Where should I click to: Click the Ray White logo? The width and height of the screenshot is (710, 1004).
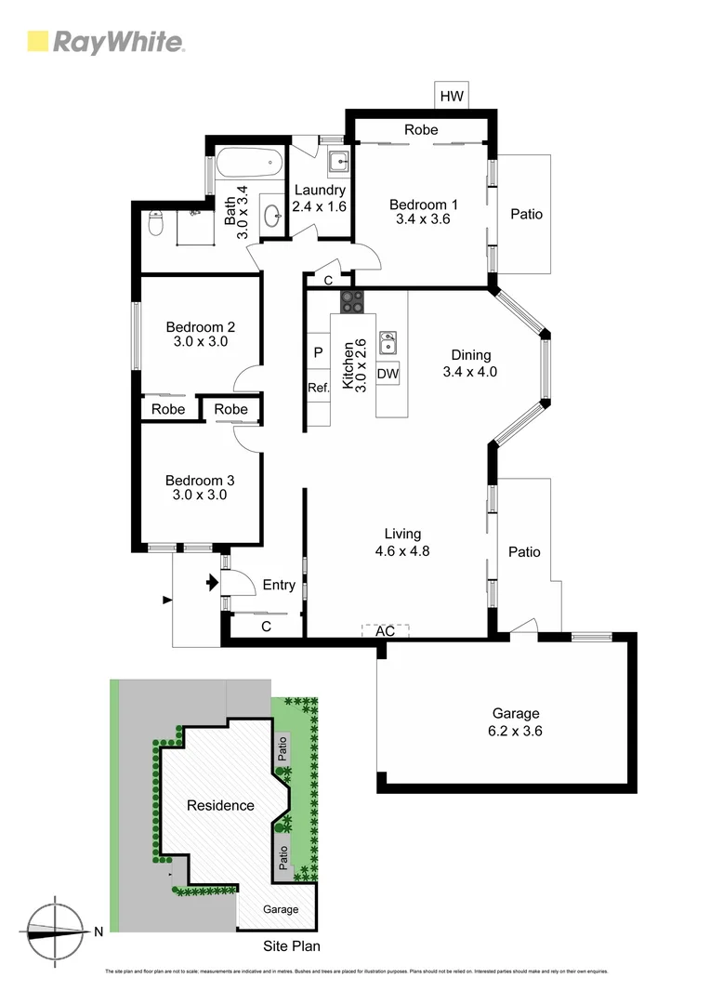[105, 42]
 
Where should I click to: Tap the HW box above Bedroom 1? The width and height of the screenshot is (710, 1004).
[452, 96]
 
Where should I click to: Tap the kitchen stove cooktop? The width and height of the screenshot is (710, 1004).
[352, 301]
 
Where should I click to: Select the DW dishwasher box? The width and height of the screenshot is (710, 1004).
[388, 374]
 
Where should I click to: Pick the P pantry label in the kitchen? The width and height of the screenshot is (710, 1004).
[318, 352]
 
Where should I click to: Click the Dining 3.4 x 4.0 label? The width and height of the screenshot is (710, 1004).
[470, 363]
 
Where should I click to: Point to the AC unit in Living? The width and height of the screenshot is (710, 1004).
[385, 630]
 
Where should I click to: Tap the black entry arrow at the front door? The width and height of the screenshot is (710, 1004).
[212, 583]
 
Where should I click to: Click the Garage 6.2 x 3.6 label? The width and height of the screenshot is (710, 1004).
[516, 722]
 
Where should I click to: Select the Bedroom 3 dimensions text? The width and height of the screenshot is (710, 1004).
[200, 495]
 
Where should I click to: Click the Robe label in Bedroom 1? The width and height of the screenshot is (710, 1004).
[420, 130]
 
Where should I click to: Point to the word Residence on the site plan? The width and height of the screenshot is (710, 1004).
[220, 805]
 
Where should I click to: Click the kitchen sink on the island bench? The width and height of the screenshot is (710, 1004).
[388, 341]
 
